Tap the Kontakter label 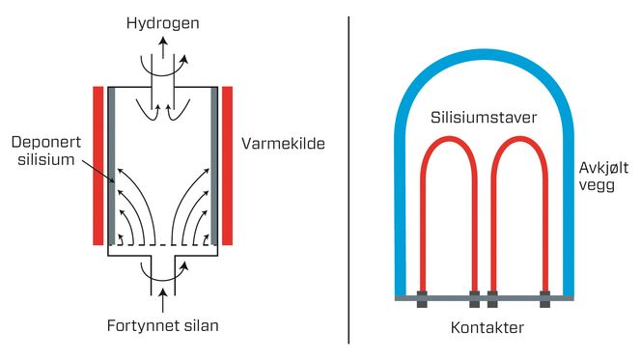click(x=487, y=328)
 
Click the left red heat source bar click(x=98, y=164)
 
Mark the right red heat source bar click(x=228, y=164)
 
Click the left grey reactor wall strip click(x=111, y=164)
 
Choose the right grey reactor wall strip click(x=214, y=164)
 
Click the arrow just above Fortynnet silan click(x=163, y=290)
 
